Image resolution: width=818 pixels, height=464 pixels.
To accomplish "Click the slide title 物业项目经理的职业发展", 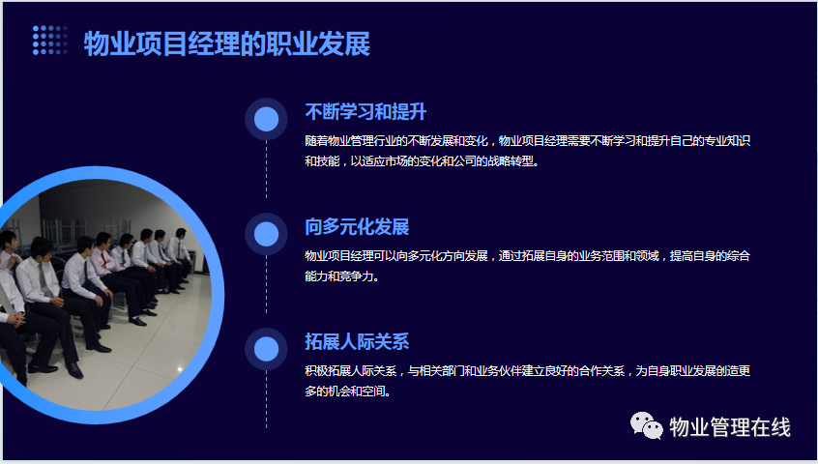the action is coord(227,43).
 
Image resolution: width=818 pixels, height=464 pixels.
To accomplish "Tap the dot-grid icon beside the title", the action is coord(50,41).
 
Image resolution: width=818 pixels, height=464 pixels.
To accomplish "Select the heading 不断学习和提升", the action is coord(365,112).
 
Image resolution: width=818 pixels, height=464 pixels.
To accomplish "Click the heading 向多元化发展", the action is coord(357,227).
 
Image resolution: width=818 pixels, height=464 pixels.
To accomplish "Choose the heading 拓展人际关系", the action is coord(357,342).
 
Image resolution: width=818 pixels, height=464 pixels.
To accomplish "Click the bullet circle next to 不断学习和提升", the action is coord(266,120).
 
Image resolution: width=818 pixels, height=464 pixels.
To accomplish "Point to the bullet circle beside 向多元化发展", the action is coord(266,234).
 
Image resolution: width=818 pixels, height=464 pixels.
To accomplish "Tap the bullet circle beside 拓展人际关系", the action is coord(266,349).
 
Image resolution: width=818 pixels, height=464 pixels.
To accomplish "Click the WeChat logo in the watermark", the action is coord(646,426).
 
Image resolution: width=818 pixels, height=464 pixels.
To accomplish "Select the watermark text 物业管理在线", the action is coord(730,427).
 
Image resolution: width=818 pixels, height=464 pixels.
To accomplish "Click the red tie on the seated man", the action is coord(104,257).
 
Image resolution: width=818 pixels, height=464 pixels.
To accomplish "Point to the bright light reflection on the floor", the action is coord(180,369).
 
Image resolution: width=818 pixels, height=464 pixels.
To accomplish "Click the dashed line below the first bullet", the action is coord(266,169).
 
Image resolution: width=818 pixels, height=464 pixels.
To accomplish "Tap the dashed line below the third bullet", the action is coord(266,399).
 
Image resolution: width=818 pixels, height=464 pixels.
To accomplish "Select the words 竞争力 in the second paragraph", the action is coord(357,276).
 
